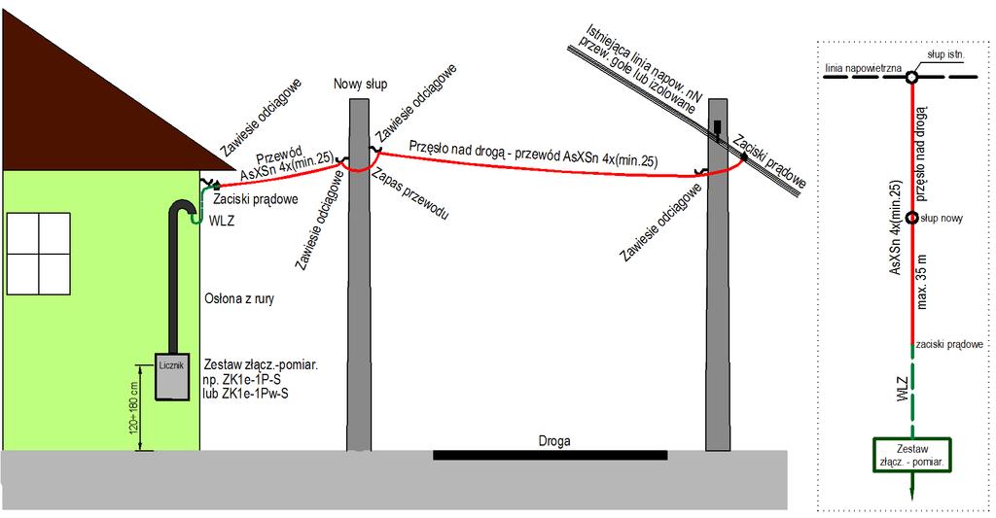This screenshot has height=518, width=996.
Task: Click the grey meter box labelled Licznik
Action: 172,377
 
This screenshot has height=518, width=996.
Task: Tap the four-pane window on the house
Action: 38,254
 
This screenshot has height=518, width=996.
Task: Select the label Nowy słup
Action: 360,84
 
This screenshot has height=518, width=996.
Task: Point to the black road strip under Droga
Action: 551,455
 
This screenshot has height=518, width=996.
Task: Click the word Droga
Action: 553,440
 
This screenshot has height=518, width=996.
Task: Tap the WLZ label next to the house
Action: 221,221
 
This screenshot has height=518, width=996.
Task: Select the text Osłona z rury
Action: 239,298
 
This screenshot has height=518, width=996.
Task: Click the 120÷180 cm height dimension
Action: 134,407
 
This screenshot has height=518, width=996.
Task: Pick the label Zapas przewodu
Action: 409,193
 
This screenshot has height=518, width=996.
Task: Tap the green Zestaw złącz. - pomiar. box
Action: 912,455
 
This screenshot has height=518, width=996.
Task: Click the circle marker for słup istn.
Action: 911,77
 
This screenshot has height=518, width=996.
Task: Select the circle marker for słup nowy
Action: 912,218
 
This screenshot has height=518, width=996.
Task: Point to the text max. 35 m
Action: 922,282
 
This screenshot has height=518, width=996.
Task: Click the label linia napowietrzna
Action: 863,67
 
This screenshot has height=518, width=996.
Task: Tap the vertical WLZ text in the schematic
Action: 902,389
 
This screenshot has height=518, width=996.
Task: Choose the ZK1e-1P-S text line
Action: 242,380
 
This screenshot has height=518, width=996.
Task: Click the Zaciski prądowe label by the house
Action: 256,199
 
